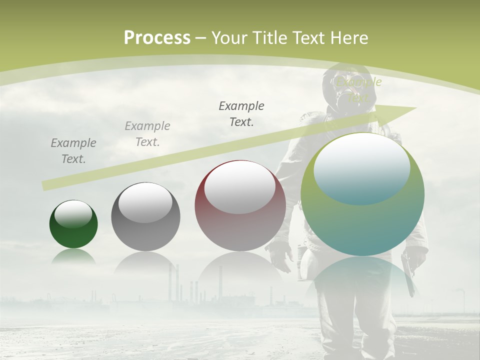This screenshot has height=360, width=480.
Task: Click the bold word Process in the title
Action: (157, 38)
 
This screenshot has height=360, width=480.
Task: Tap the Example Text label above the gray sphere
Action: (147, 134)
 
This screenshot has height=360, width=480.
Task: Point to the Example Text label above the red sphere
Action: (241, 114)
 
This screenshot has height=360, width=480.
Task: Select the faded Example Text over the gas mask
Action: (358, 89)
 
